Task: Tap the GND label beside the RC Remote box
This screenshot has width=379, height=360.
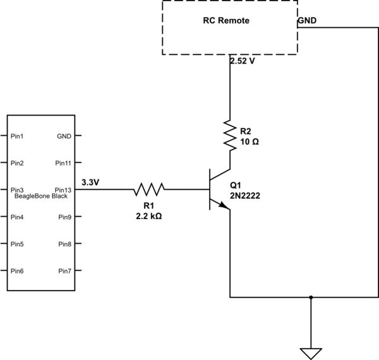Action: coord(308,20)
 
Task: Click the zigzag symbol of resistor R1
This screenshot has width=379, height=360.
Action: coord(148,188)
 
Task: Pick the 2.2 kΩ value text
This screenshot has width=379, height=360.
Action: coord(148,215)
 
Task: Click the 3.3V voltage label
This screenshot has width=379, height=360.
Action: coord(90,183)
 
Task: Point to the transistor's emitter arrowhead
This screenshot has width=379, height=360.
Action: coord(224,206)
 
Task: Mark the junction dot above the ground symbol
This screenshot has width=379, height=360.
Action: coord(310,297)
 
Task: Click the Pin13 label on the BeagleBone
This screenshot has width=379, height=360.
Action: coord(63,189)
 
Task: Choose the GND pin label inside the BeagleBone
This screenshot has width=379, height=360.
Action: coord(64,136)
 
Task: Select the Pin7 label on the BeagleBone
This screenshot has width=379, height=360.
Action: coord(64,271)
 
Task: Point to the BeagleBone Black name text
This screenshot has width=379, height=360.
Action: coord(40,196)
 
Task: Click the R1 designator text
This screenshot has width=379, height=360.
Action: coord(148,205)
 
